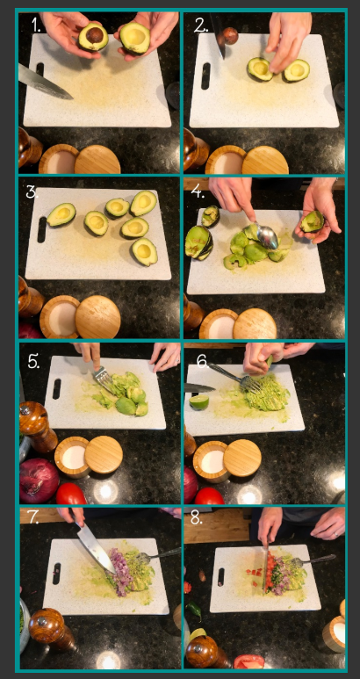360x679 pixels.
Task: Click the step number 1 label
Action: pos(37,25)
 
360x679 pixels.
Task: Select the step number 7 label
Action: pos(32,518)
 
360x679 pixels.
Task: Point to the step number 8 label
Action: pos(196,519)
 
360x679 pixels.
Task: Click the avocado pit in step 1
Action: pos(95,35)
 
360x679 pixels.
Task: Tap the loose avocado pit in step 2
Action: pos(230,35)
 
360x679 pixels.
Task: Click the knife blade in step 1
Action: pos(45,81)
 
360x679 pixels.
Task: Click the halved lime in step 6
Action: pos(199,401)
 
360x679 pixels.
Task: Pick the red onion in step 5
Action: pos(39,480)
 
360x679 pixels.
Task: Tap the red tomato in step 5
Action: pos(71,494)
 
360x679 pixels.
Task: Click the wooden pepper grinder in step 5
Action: pos(37,427)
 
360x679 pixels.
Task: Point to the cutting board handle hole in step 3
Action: pos(41,229)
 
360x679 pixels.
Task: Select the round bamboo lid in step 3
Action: pos(97,317)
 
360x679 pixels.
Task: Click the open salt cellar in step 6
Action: pos(211,461)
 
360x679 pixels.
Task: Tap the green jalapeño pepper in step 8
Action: pos(194,610)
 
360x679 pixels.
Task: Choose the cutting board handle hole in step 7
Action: pos(57,574)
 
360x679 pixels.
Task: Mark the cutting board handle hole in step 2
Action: pos(205,76)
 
